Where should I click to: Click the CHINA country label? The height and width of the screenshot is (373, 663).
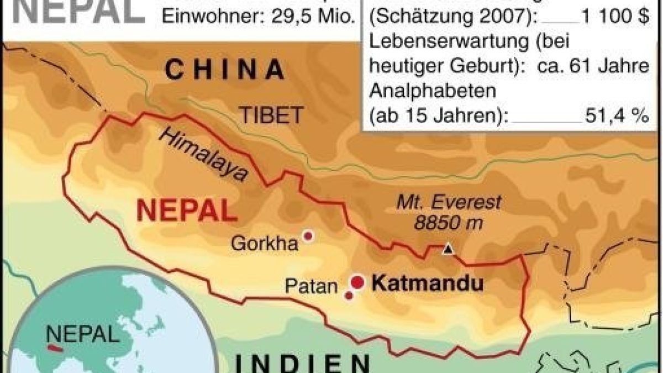click(225, 70)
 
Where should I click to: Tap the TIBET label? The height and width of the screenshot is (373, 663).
click(271, 115)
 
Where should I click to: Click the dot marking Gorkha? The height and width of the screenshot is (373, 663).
click(308, 237)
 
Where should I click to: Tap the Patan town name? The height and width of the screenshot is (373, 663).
click(311, 286)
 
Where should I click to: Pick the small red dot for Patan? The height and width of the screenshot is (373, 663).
click(349, 296)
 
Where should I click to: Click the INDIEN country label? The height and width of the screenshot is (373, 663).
click(303, 365)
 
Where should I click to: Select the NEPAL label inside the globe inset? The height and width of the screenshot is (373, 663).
click(82, 334)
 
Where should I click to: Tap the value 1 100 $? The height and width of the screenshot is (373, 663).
click(614, 18)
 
